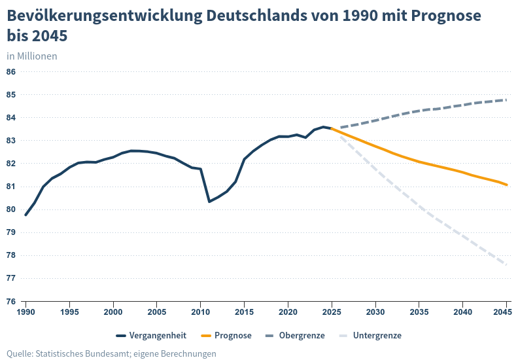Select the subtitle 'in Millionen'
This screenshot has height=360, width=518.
[32, 56]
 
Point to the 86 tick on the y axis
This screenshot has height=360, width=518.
[11, 72]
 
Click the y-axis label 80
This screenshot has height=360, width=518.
[11, 209]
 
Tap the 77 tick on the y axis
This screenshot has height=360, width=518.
[11, 278]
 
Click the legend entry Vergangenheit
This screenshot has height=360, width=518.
[158, 336]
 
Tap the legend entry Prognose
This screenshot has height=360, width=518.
[233, 336]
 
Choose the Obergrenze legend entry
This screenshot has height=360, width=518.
[302, 336]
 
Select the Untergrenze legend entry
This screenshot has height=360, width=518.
[377, 336]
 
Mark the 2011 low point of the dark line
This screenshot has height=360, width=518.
[209, 202]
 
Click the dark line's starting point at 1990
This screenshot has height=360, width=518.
[26, 215]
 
